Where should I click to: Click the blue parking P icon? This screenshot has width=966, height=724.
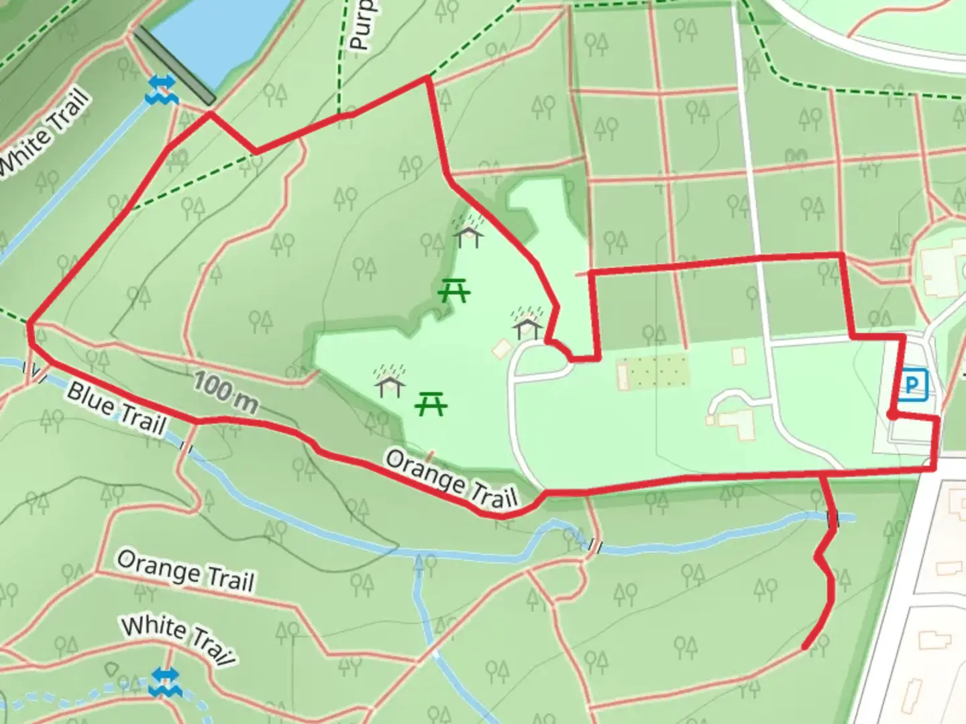(912, 385)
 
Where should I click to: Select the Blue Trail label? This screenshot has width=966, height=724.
(115, 409)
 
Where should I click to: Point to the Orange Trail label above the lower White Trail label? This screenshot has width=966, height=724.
(185, 571)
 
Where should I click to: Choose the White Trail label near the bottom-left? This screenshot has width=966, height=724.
(178, 640)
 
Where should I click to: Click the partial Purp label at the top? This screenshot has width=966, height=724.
(361, 25)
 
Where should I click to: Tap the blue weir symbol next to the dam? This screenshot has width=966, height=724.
(162, 90)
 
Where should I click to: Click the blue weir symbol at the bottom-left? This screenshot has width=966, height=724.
(162, 682)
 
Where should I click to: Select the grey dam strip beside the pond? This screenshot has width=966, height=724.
(174, 66)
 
